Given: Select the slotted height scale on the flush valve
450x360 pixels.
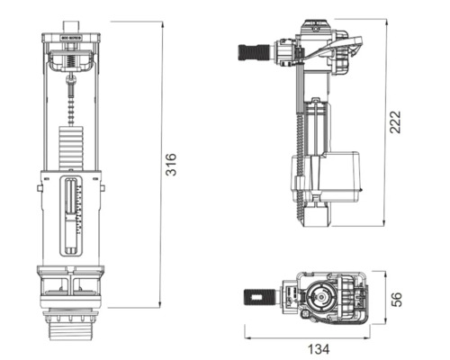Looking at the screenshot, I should [x=72, y=211].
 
